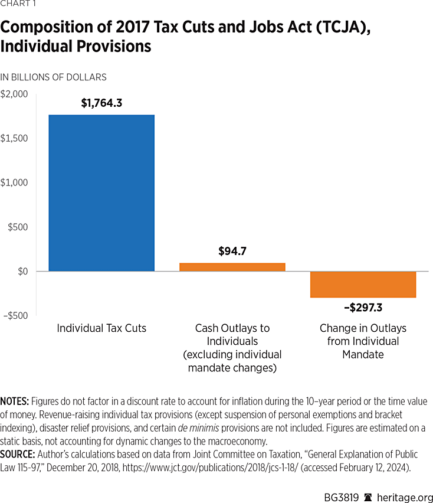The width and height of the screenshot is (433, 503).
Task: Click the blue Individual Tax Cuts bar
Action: point(101,193)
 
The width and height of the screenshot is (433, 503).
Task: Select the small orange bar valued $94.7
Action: point(232,267)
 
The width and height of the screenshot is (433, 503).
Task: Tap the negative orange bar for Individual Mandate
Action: point(363,284)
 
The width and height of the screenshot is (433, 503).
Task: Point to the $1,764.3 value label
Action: point(101,103)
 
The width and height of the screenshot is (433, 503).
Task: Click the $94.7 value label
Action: point(232,251)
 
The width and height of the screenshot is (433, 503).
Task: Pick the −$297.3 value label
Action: point(363,307)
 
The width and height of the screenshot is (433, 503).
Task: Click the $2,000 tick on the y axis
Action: point(14,94)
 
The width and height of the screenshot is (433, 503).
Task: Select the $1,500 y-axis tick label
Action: point(14,138)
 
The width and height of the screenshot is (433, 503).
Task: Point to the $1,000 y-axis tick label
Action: point(14,182)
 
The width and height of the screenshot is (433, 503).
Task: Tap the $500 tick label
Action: point(17,227)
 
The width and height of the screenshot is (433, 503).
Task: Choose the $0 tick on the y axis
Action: point(22,271)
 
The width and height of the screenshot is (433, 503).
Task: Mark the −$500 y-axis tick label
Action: point(15,315)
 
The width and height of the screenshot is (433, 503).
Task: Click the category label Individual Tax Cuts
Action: point(101,328)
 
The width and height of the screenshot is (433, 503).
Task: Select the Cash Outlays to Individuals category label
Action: point(232,341)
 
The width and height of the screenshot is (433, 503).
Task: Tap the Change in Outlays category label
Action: point(363,341)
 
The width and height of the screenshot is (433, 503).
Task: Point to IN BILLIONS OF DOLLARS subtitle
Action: point(53,77)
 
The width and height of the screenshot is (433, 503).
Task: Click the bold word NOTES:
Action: point(15,401)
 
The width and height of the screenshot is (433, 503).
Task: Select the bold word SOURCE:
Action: point(18,454)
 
